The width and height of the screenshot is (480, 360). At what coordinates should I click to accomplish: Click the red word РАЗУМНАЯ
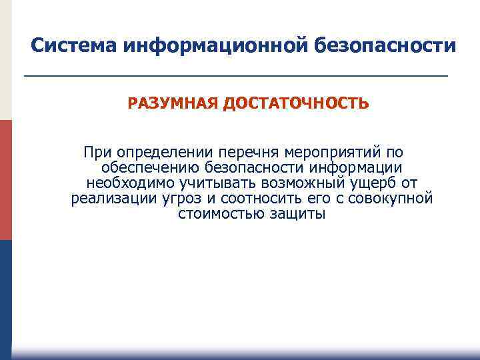(173, 104)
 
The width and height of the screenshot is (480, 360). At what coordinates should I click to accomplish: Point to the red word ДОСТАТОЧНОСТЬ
(295, 104)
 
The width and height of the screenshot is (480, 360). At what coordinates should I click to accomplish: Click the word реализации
(111, 199)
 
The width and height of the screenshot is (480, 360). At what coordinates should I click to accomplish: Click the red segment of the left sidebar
(6, 180)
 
